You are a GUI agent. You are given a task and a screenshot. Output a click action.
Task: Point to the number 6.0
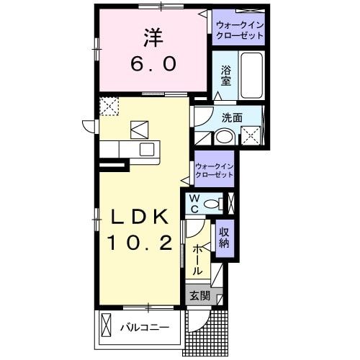tap(153, 65)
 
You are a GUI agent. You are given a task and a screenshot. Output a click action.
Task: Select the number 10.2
tap(140, 243)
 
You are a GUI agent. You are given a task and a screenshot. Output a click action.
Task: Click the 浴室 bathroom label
tap(225, 76)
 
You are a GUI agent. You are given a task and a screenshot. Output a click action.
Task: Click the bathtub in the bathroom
tap(252, 76)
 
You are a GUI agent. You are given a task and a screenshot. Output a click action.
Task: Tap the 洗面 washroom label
tap(230, 117)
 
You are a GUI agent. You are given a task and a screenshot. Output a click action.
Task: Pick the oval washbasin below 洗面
tap(224, 136)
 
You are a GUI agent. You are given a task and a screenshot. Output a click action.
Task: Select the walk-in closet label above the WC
tap(215, 170)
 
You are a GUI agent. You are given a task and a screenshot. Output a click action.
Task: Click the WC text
tap(193, 204)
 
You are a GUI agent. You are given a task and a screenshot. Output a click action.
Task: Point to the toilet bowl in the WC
tap(212, 204)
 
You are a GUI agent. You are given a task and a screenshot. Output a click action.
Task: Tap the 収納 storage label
tap(224, 238)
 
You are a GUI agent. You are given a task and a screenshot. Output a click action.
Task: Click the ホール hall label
tap(198, 259)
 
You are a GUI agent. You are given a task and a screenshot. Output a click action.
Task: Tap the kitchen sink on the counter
tap(147, 150)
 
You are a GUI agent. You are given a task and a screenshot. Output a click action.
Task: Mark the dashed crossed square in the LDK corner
tap(109, 107)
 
